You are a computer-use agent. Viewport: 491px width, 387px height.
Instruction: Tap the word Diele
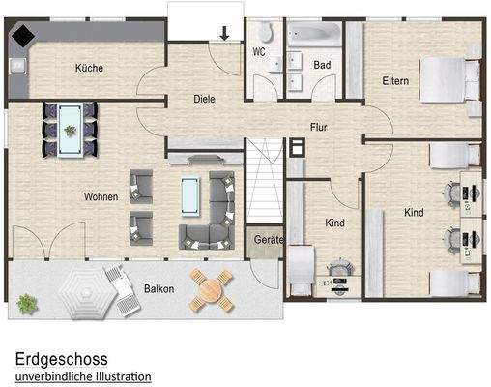(x=203, y=99)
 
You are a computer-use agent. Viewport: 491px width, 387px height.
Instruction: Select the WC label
(x=259, y=51)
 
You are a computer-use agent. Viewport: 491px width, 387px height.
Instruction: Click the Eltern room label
(x=395, y=81)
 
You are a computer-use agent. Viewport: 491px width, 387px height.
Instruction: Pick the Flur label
(x=319, y=127)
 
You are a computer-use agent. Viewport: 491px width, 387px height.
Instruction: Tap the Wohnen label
(x=101, y=196)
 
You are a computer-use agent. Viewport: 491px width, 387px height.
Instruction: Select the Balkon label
(x=159, y=289)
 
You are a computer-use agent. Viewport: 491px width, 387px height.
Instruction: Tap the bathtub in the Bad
(x=312, y=35)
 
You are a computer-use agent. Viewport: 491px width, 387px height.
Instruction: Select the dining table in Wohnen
(x=71, y=127)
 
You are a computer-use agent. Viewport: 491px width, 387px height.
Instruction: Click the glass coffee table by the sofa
(x=191, y=197)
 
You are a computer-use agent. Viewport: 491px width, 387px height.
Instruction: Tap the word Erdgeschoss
(x=61, y=358)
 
